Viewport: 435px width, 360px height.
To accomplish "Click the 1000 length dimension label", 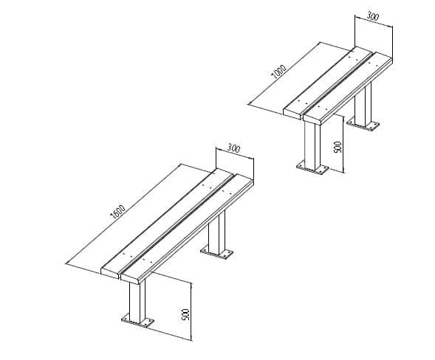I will [278, 72].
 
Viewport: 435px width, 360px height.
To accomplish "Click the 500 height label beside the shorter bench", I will [338, 147].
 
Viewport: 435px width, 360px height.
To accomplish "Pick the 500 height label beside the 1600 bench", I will [185, 313].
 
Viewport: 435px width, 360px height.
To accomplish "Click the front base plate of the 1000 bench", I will [313, 167].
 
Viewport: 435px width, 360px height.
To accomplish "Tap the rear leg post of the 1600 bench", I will [216, 235].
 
